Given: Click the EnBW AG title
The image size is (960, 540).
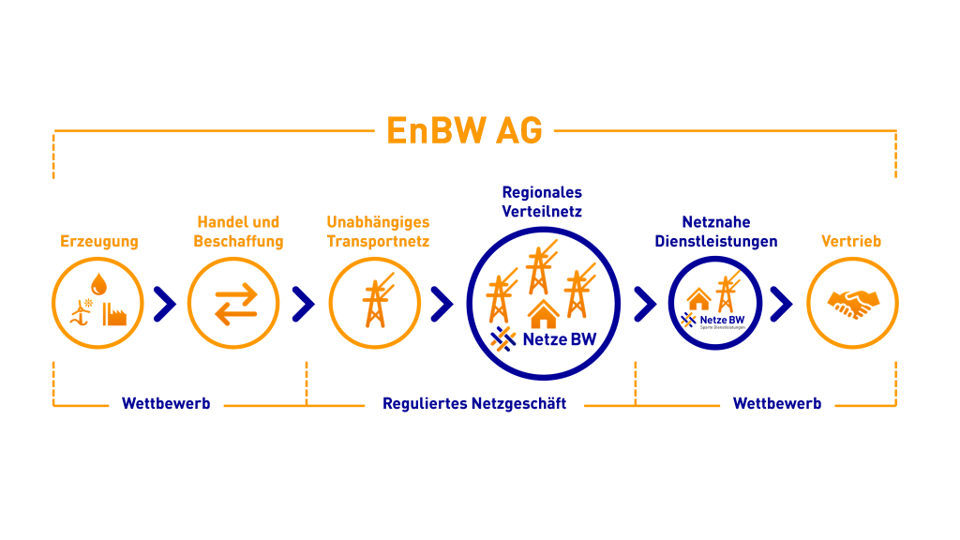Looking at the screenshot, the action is pyautogui.click(x=464, y=131).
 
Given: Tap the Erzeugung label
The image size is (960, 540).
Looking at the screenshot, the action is pyautogui.click(x=99, y=241).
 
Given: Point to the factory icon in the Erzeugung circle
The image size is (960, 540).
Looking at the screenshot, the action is pyautogui.click(x=116, y=313).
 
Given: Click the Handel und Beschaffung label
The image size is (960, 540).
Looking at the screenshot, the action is pyautogui.click(x=238, y=232).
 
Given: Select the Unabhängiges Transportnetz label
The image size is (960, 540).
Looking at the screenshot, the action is pyautogui.click(x=378, y=232).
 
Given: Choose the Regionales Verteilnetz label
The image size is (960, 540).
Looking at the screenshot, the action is pyautogui.click(x=542, y=202).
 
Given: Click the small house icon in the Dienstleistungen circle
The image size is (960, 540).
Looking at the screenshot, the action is pyautogui.click(x=699, y=299).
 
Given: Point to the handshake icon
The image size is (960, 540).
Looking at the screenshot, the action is pyautogui.click(x=853, y=303).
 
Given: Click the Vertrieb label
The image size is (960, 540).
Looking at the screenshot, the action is pyautogui.click(x=851, y=241).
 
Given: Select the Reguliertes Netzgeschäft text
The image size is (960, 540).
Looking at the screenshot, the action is pyautogui.click(x=474, y=404).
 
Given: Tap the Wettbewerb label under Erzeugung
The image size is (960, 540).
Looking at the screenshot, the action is pyautogui.click(x=166, y=404).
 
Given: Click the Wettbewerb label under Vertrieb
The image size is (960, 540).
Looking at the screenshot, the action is pyautogui.click(x=777, y=404).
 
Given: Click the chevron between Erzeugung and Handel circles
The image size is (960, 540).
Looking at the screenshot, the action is pyautogui.click(x=165, y=303).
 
